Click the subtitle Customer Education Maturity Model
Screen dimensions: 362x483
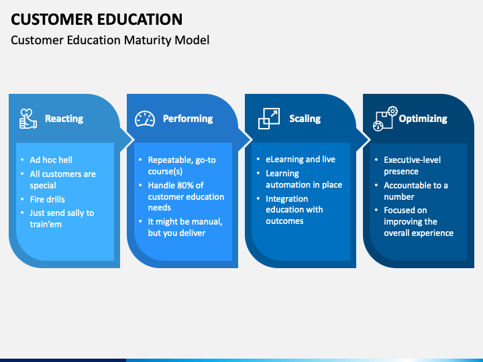(x=110, y=40)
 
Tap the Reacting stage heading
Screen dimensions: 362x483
(x=64, y=119)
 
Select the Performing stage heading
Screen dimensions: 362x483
(x=188, y=119)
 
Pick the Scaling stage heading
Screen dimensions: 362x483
(x=305, y=119)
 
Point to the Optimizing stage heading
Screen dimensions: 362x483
(x=423, y=119)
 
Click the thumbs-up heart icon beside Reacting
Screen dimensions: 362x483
(x=28, y=119)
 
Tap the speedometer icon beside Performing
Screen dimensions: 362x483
(x=145, y=119)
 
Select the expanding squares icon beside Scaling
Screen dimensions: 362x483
(x=268, y=119)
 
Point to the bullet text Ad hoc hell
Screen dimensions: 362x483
(x=51, y=160)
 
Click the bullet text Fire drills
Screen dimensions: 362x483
(x=48, y=199)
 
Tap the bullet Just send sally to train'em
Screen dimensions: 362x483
(x=62, y=219)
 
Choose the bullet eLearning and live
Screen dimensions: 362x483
(x=301, y=160)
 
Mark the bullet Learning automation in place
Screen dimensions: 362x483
(x=303, y=179)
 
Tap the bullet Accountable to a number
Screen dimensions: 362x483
(x=416, y=191)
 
